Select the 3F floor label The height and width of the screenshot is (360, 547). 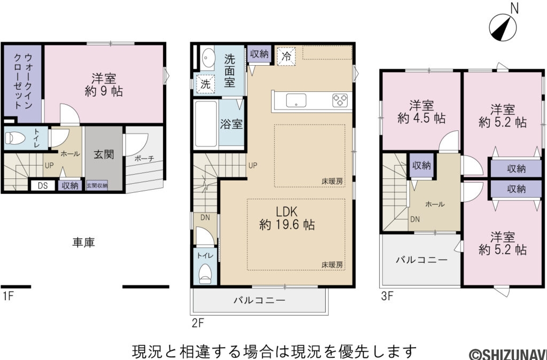click(387, 295)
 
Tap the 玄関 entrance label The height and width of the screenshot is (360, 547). click(104, 154)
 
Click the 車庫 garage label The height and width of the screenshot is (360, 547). click(84, 242)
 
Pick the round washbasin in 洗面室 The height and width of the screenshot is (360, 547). click(207, 56)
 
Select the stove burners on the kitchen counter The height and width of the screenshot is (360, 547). click(340, 100)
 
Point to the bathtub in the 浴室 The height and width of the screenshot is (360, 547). click(205, 124)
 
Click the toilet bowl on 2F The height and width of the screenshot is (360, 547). click(205, 274)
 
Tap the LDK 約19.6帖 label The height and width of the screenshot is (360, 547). click(286, 217)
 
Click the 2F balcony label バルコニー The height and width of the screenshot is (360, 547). click(259, 300)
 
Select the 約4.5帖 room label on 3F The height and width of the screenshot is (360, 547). click(421, 112)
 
